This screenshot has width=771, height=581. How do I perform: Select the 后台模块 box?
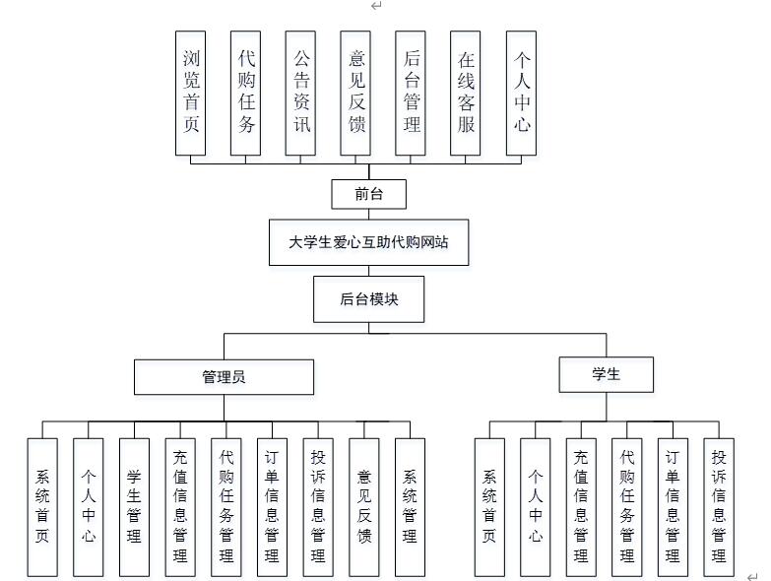(368, 299)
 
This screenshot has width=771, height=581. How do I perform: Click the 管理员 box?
(224, 376)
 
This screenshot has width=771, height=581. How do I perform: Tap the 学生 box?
(606, 374)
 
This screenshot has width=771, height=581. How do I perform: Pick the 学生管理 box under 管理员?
(134, 506)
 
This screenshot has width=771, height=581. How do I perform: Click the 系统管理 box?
(410, 506)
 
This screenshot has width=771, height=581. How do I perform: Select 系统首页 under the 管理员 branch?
(42, 506)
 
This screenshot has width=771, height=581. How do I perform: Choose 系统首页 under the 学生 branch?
(489, 506)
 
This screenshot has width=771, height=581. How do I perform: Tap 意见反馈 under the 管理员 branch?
(364, 506)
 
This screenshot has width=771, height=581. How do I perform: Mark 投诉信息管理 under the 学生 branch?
(719, 506)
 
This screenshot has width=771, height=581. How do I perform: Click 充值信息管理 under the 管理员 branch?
(180, 506)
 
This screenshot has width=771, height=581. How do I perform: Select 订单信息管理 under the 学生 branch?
(673, 506)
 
